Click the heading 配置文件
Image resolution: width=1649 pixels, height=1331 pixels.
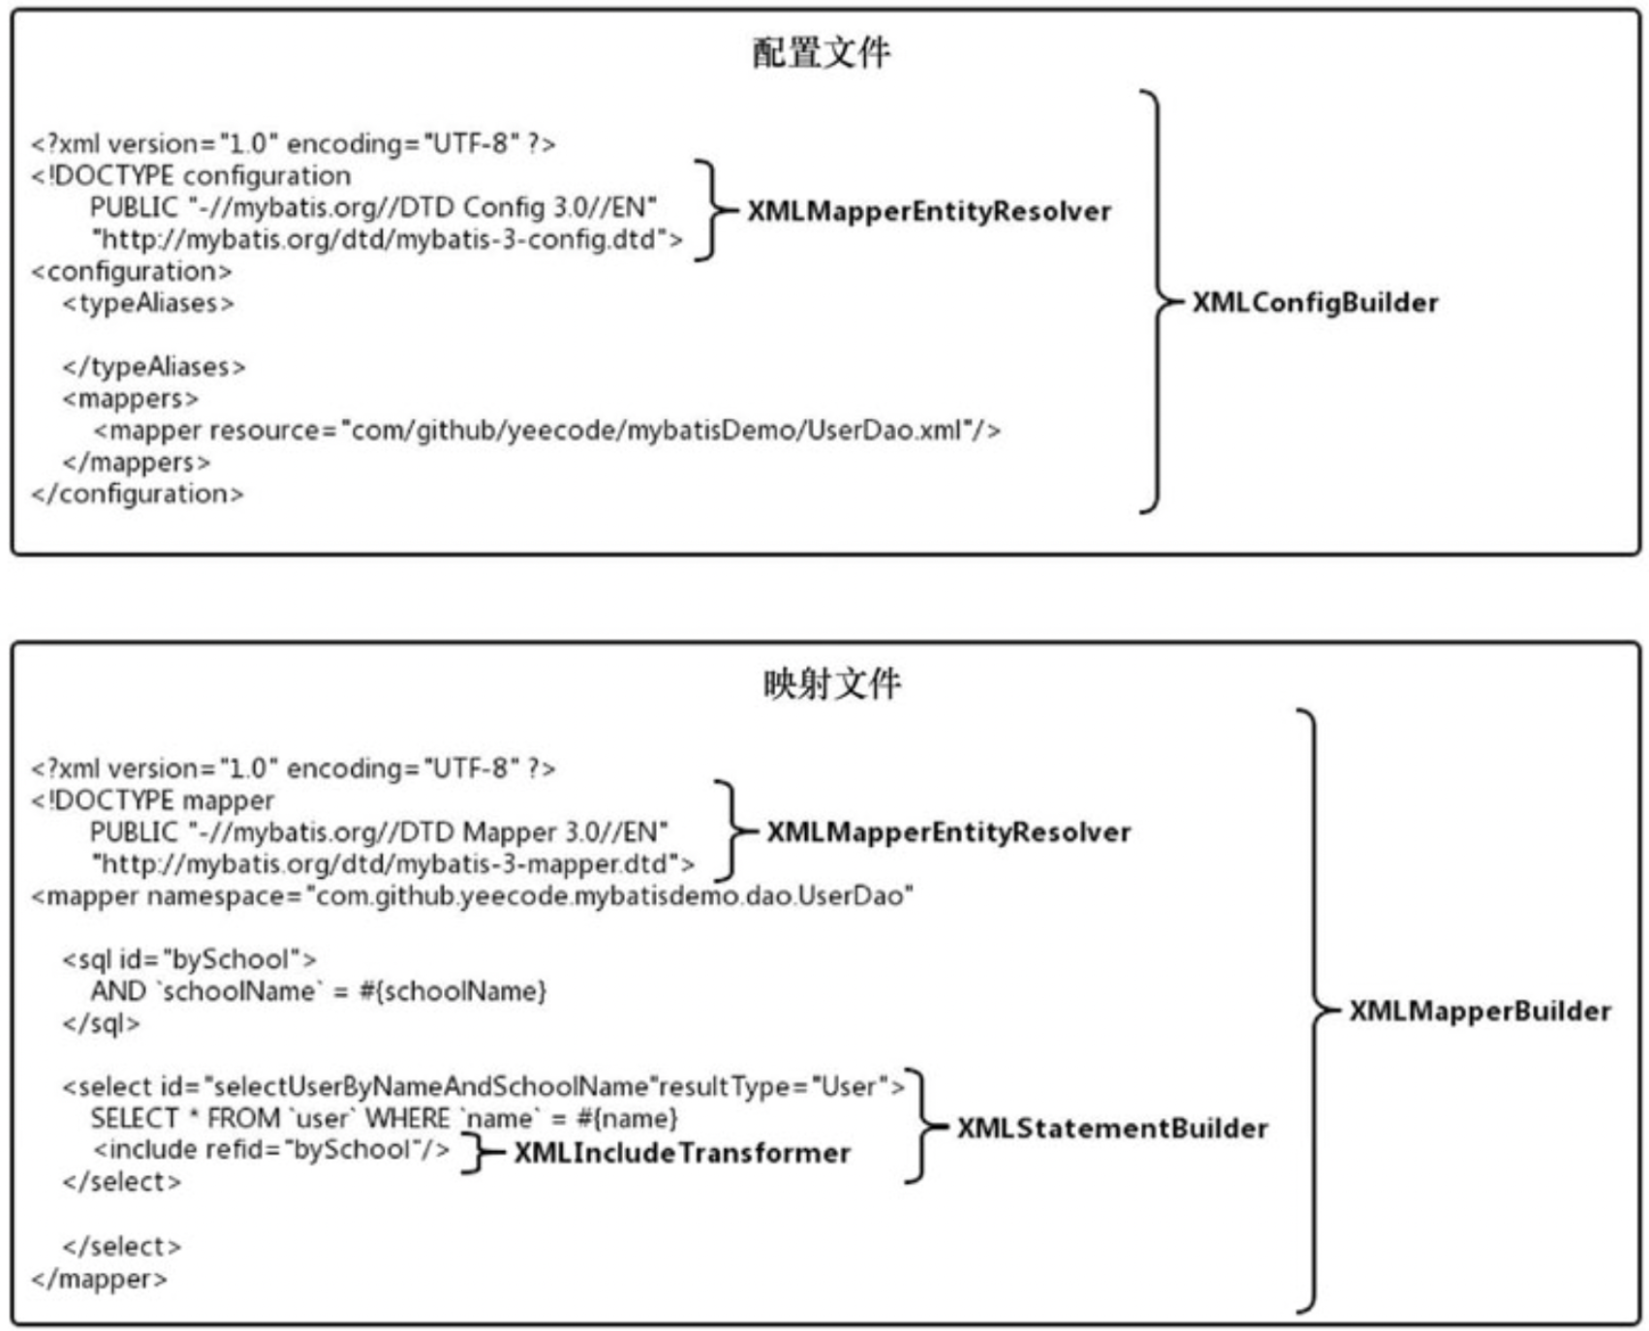coord(821,52)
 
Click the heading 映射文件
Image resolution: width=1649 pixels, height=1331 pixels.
coord(831,684)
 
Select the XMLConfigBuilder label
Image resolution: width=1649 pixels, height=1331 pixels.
coord(1315,302)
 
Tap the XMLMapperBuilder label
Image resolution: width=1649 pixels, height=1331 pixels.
coord(1479,1011)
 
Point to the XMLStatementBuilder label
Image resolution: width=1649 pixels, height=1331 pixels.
coord(1112,1129)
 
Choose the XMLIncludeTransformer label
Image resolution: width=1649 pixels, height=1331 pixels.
coord(682,1153)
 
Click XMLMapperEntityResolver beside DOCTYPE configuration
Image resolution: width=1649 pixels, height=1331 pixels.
coord(929,211)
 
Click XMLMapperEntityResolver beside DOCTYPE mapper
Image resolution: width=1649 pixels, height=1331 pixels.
coord(949,832)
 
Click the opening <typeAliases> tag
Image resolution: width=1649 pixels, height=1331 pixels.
coord(148,303)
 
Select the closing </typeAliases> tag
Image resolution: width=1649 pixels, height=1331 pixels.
coord(154,367)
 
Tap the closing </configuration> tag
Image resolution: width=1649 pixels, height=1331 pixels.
coord(138,494)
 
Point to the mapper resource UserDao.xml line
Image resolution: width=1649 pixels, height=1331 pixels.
coord(546,430)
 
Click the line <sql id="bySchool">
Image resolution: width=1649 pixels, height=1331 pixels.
coord(189,959)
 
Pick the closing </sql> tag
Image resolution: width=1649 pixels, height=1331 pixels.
coord(101,1023)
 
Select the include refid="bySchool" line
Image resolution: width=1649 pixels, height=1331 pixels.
coord(271,1150)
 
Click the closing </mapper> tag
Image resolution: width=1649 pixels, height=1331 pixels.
coord(99,1279)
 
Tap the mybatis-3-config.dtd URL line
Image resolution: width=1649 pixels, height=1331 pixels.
coord(387,239)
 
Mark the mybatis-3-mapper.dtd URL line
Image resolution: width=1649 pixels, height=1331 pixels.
coord(392,864)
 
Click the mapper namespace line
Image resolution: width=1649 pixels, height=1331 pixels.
coord(472,896)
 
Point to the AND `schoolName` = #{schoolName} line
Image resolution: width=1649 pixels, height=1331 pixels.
coord(319,991)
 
